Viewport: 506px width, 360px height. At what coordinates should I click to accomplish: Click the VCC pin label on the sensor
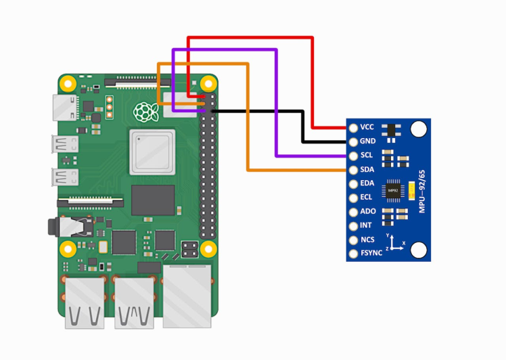tap(367, 127)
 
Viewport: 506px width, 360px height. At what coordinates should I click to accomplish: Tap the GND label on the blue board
tap(367, 141)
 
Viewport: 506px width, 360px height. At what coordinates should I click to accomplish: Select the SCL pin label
tap(367, 156)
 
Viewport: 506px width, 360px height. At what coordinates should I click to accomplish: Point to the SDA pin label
tap(367, 170)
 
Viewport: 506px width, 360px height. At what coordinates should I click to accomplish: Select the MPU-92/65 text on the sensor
tap(422, 192)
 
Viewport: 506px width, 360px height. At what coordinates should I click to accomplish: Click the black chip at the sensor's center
tap(392, 192)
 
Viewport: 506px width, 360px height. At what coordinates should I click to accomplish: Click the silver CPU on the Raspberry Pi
tap(152, 152)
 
